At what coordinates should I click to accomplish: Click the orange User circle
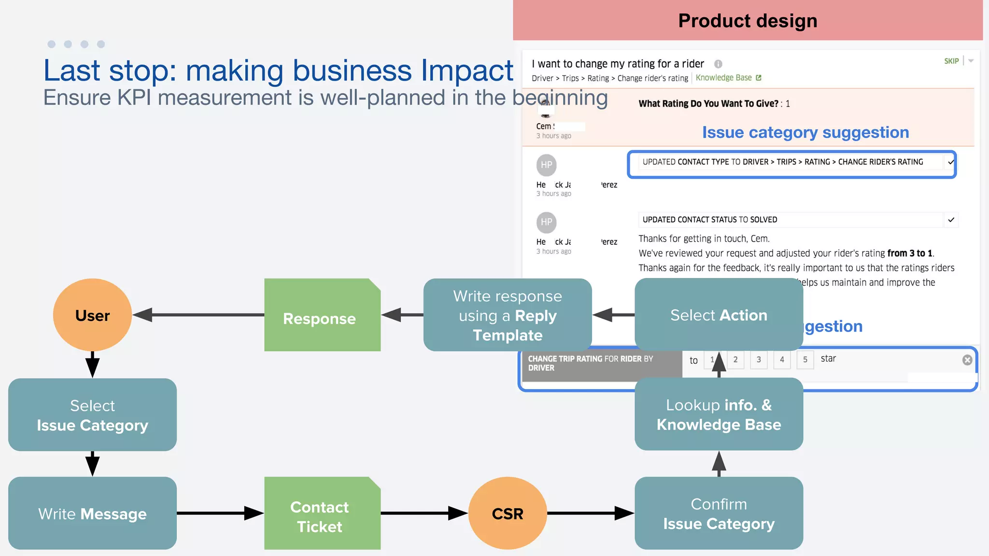(92, 315)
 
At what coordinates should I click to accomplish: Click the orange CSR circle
(507, 513)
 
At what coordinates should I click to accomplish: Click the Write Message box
(92, 513)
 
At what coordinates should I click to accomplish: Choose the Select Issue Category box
(92, 415)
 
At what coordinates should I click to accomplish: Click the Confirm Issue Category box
(719, 513)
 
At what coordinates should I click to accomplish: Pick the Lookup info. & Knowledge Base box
(719, 414)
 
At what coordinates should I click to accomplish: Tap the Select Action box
(719, 315)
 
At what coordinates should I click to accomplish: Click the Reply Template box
(507, 315)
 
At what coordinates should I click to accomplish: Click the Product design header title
(748, 20)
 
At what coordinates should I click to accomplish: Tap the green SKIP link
(951, 61)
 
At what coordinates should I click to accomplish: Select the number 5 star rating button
(805, 360)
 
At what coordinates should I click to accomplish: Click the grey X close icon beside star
(967, 360)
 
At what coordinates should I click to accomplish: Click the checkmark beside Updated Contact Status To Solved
(951, 220)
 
